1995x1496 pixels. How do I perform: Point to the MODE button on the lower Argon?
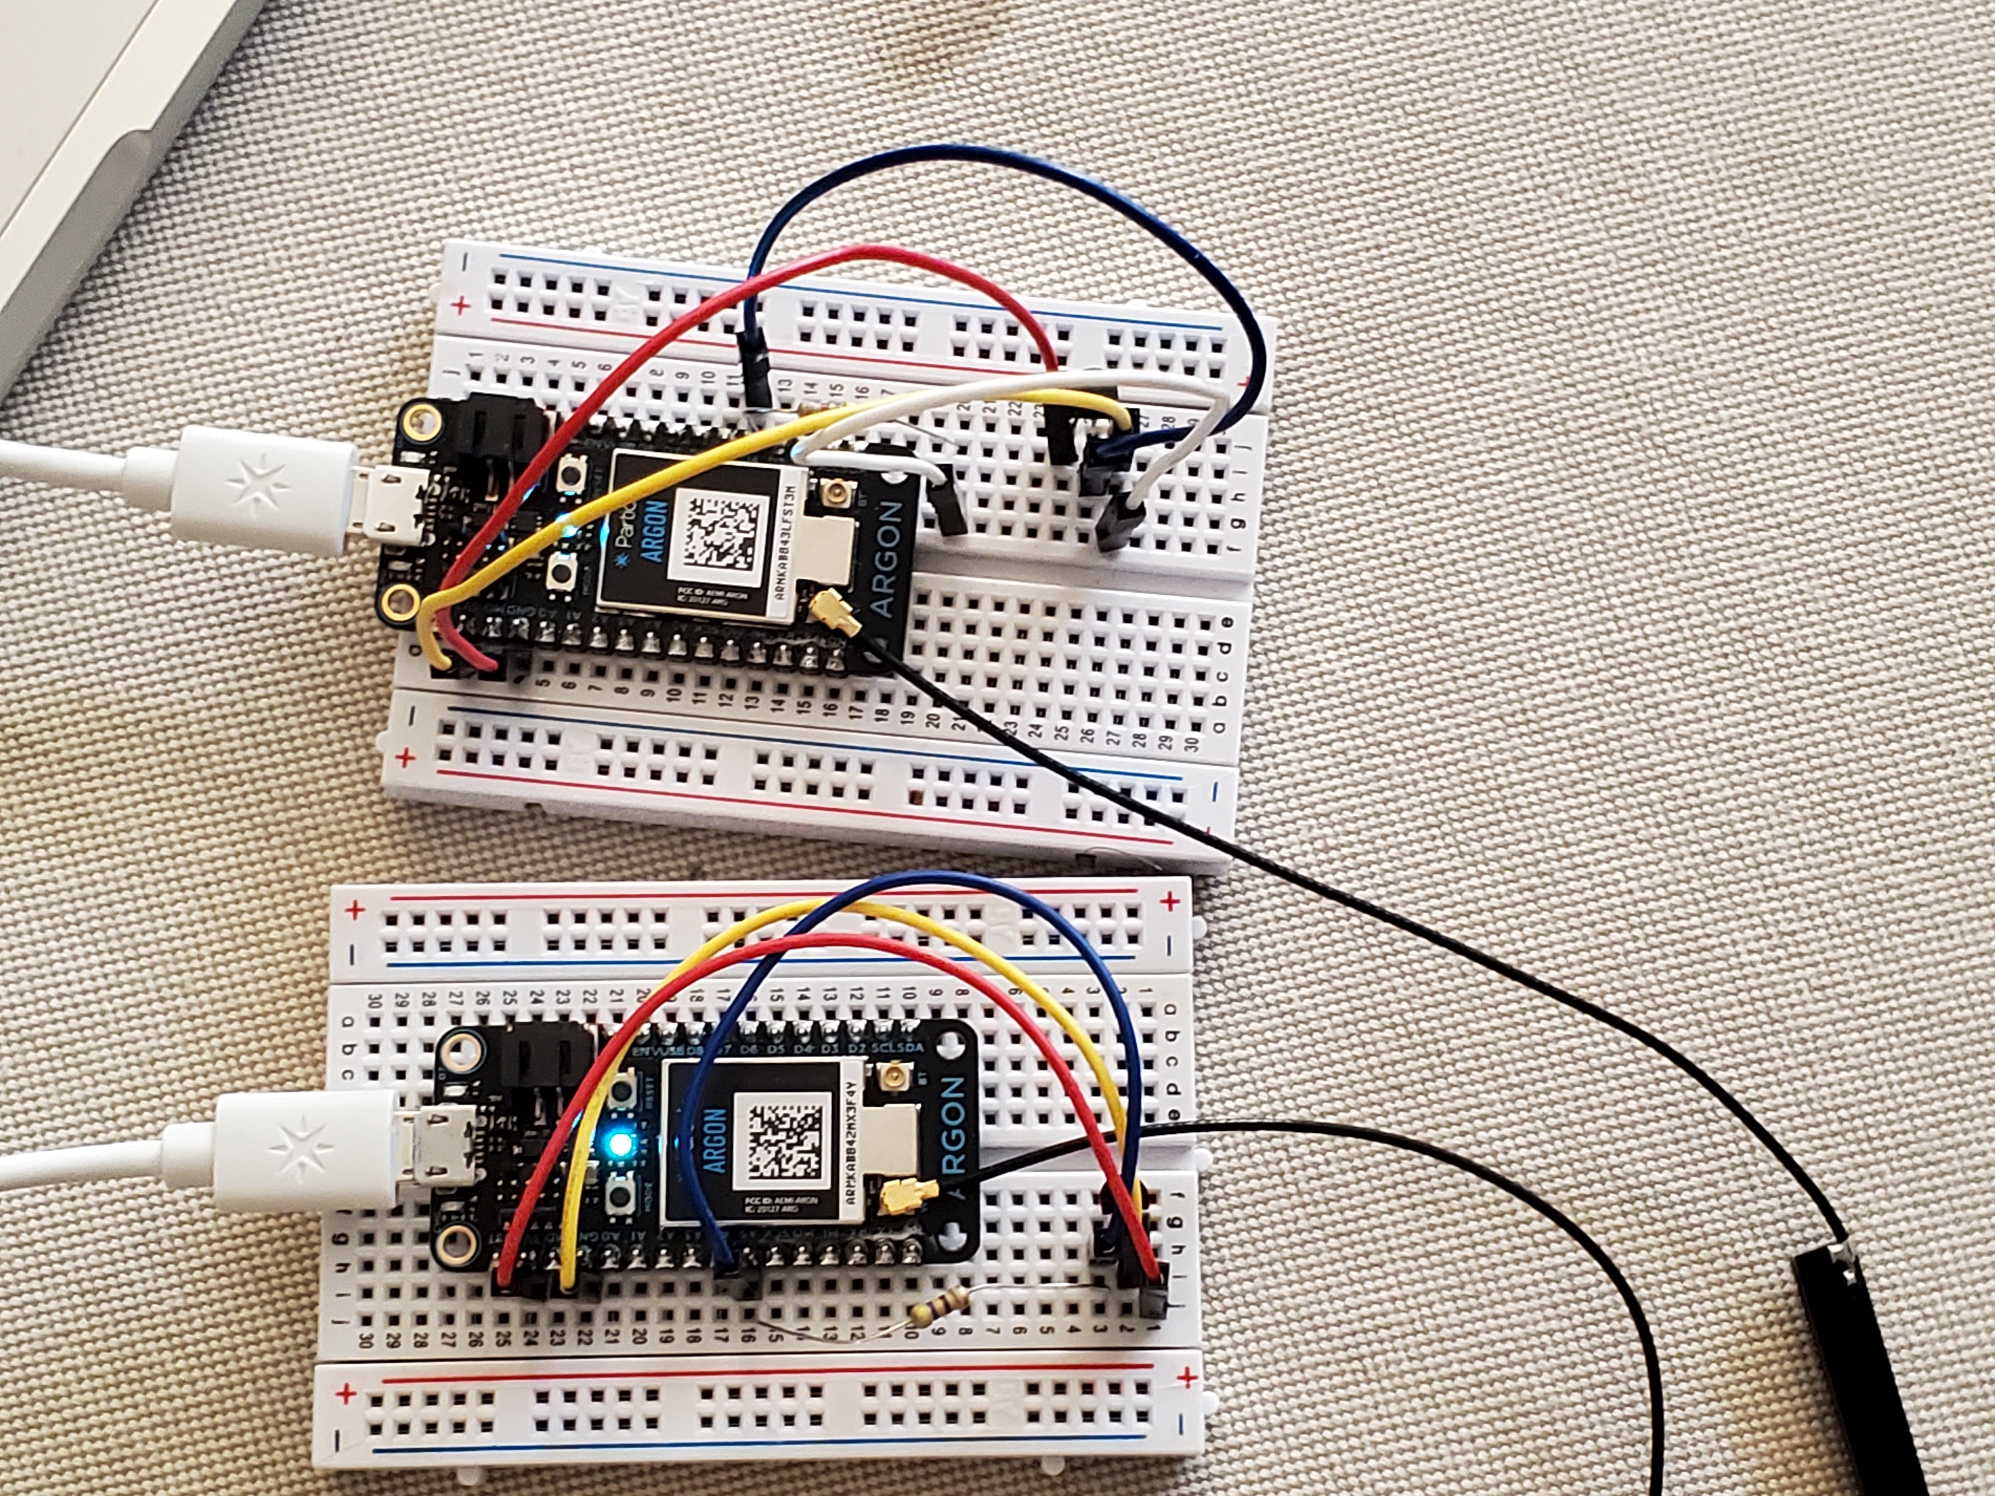point(620,1197)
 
